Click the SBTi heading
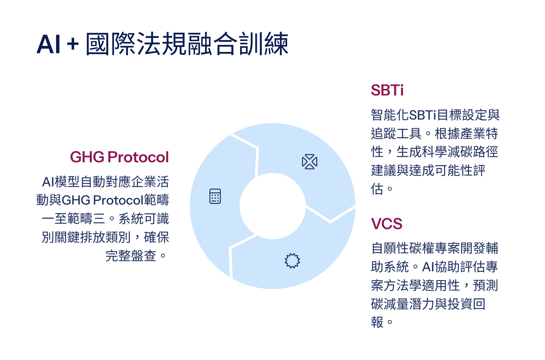[x=387, y=90]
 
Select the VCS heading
[x=386, y=224]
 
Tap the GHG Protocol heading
[x=119, y=157]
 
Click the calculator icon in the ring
[x=215, y=196]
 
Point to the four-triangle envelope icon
[x=310, y=162]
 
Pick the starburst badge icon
[x=292, y=261]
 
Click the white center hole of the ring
[x=272, y=206]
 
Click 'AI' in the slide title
[x=48, y=44]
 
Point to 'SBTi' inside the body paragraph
[x=423, y=115]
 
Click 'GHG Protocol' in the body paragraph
[x=102, y=200]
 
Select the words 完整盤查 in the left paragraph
[x=131, y=256]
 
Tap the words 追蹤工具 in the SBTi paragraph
[x=396, y=134]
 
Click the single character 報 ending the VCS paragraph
[x=377, y=322]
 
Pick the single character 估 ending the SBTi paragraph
[x=377, y=189]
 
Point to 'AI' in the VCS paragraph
[x=428, y=267]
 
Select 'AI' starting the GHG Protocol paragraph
[x=48, y=182]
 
